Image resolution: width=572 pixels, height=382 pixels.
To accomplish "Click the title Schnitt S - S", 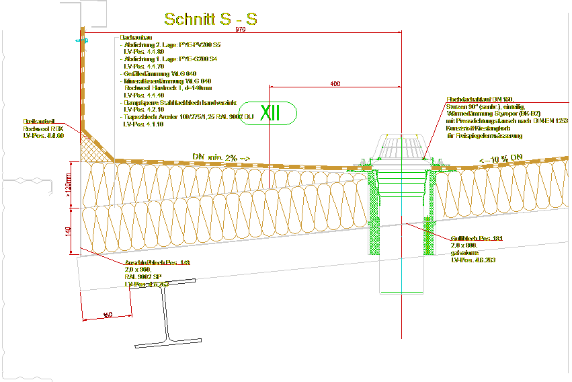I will coord(210,20).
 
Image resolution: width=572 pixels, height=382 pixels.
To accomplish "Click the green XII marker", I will coord(269,113).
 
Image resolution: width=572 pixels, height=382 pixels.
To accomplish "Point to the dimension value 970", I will coord(241,30).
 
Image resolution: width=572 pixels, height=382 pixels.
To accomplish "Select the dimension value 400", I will coord(335,84).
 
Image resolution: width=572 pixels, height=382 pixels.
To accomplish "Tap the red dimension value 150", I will coord(108,315).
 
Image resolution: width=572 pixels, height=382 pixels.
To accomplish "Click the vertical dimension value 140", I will coord(67,231).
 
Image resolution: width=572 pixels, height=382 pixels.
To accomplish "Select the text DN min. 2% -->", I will coord(221,157).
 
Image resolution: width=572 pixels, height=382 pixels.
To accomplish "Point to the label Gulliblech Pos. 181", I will coord(477,239).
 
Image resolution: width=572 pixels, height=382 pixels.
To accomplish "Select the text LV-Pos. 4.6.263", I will coord(473,260).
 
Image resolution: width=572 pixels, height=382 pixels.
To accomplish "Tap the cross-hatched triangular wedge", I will coord(93,147).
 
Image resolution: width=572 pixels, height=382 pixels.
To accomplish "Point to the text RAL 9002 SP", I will coord(142,277).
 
